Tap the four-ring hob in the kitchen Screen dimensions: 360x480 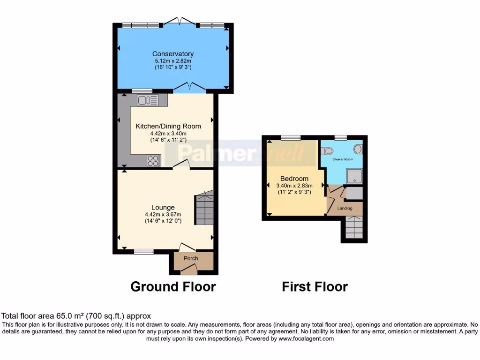tap(153, 160)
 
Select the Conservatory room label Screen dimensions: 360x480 tap(173, 54)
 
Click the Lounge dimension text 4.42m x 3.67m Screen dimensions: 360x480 tap(163, 215)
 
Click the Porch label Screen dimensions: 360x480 tap(191, 258)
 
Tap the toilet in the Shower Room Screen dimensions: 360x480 tap(327, 151)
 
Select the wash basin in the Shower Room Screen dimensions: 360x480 tap(358, 149)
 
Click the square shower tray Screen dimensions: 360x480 tap(353, 176)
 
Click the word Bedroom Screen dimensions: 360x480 tap(294, 179)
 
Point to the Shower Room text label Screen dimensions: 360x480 tap(343, 159)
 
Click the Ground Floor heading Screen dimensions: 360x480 tap(173, 286)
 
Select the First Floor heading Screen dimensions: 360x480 tap(315, 286)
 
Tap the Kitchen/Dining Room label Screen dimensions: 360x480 tap(168, 126)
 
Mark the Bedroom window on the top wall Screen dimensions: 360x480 tap(291, 137)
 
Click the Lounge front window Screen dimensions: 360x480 tap(143, 252)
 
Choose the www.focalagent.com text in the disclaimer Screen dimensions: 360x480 tap(306, 338)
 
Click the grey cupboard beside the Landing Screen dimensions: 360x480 tap(354, 193)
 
